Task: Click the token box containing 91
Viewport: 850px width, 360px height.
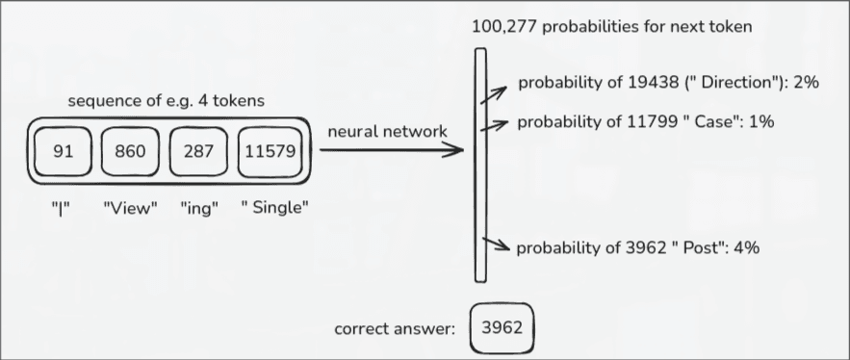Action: [63, 152]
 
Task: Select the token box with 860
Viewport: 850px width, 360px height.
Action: [130, 152]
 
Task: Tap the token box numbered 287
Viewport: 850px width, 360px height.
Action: [197, 152]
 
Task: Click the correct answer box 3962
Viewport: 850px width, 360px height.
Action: [500, 327]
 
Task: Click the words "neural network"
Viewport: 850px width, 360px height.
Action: [387, 131]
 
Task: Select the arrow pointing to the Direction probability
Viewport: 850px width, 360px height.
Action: [496, 92]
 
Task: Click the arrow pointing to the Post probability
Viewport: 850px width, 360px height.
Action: [497, 246]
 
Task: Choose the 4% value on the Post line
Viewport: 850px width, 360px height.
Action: [746, 247]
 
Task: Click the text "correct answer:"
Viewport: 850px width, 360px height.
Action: [394, 328]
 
